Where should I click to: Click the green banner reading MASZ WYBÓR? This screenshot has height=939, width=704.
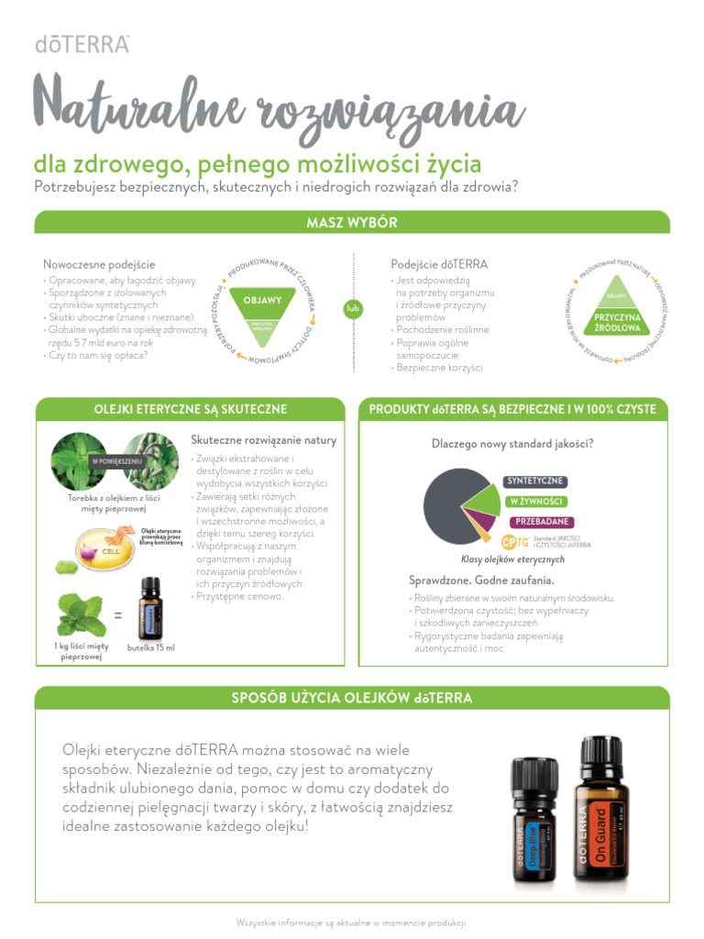[x=352, y=223]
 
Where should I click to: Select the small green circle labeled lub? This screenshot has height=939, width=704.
[x=352, y=309]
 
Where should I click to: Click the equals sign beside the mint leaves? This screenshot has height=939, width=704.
[x=119, y=615]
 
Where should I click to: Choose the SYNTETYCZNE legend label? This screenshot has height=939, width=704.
[x=536, y=481]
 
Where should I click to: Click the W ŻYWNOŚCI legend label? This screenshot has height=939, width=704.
[x=536, y=502]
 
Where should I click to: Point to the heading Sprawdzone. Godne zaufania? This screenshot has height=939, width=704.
[x=480, y=580]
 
